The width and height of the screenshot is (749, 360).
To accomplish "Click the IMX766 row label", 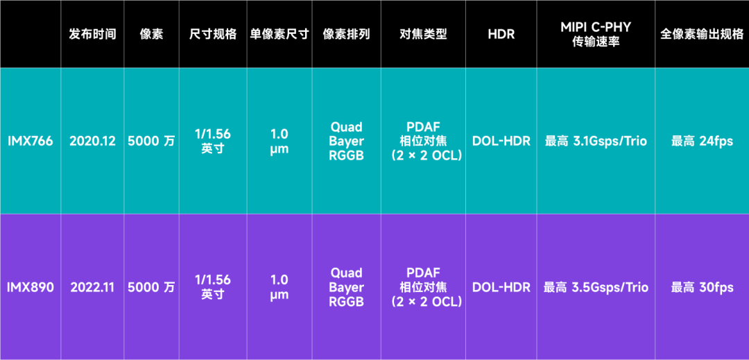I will [30, 141].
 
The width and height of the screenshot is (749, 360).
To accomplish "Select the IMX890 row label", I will [30, 287].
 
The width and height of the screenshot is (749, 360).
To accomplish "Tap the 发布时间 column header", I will [92, 34].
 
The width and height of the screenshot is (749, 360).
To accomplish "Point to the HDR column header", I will [501, 34].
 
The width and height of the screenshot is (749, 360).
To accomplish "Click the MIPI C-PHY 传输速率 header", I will [596, 34].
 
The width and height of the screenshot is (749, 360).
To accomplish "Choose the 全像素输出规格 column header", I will [701, 34].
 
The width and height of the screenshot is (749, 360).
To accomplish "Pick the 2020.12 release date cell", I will [92, 141].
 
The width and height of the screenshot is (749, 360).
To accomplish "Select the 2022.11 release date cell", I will [92, 287].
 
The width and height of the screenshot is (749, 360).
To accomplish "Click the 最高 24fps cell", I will [701, 141].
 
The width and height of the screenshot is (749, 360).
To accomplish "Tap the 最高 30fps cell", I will [701, 287].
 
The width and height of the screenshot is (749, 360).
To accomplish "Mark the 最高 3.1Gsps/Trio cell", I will [596, 141].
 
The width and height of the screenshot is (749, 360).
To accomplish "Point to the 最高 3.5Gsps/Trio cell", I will [596, 287].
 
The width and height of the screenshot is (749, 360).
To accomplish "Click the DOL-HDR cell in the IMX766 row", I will [501, 141].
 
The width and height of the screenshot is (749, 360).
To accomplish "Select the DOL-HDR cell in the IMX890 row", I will [501, 287].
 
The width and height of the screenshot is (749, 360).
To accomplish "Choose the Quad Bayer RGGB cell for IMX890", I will [346, 287].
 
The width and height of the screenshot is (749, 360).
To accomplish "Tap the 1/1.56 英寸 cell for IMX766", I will [212, 141].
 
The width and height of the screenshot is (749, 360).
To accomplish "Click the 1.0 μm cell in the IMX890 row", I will [279, 287].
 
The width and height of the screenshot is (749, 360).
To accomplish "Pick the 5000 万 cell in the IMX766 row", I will [151, 141].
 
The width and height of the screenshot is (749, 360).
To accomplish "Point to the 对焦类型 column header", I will [423, 34].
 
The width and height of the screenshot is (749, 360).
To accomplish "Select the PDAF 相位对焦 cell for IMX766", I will [423, 141].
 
